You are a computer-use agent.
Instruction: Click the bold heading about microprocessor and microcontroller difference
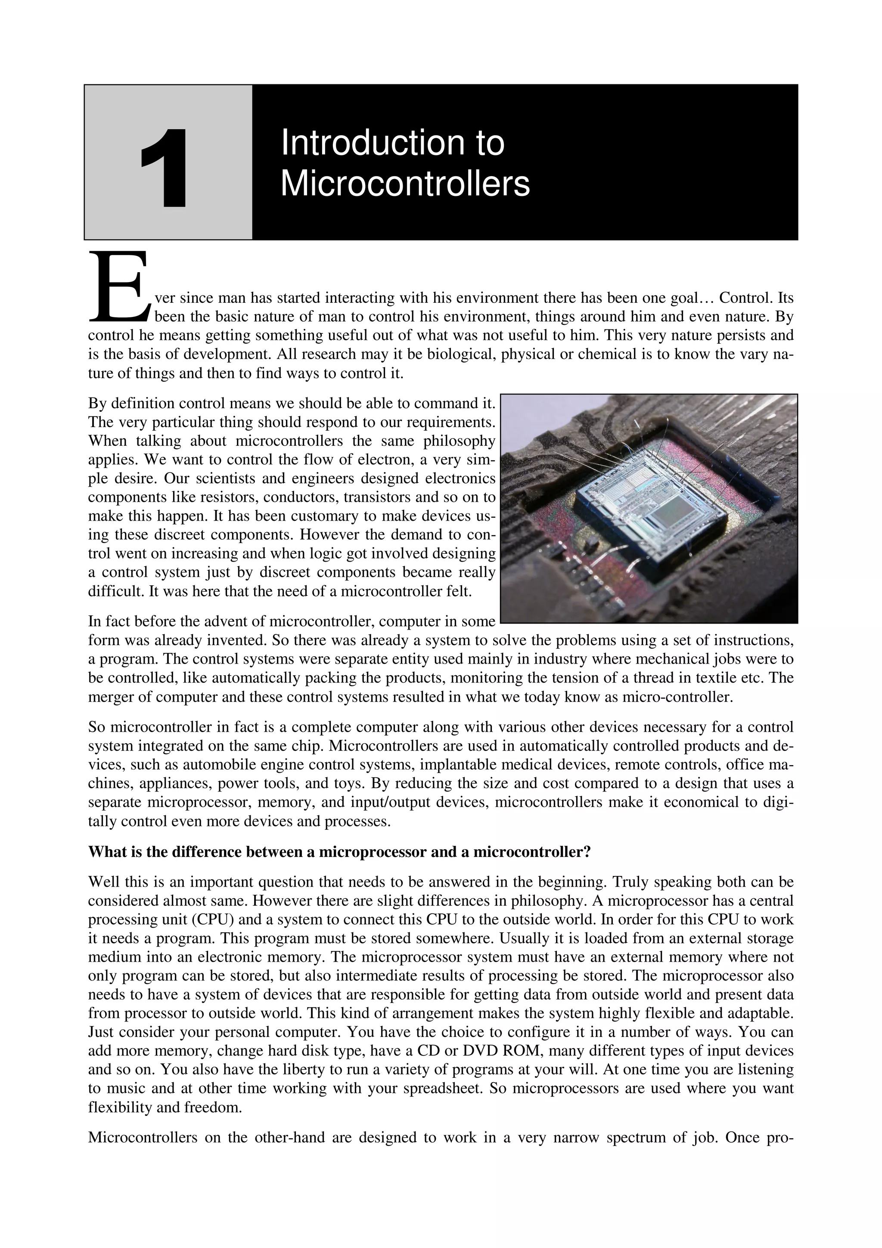pyautogui.click(x=339, y=852)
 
